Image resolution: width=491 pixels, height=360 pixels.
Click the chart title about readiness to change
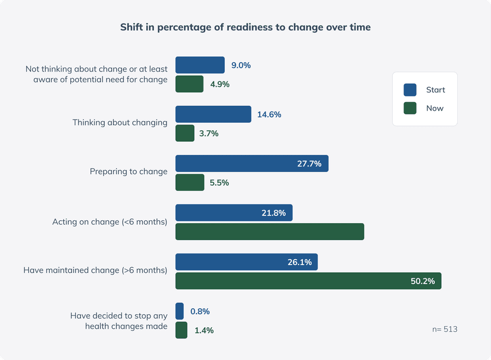point(245,27)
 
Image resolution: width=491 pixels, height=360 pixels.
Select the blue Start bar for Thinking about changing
point(213,115)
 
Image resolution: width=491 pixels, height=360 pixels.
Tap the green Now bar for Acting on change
point(270,232)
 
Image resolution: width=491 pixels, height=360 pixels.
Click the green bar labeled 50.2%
point(308,281)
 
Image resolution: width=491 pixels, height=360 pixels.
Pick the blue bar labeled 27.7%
point(252,164)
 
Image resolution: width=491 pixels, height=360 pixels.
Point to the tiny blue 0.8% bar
point(179,311)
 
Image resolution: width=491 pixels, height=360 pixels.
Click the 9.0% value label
point(241,65)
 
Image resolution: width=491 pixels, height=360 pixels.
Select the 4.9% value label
point(219,84)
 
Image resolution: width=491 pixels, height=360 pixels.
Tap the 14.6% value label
point(268,115)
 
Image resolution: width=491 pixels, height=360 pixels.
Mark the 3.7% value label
point(209,134)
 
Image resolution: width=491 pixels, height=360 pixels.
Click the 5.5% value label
point(219,183)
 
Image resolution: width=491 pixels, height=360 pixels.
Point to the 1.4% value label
point(203,330)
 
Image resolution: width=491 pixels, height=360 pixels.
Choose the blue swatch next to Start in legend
point(410,90)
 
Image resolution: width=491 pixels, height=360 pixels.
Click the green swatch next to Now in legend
point(410,108)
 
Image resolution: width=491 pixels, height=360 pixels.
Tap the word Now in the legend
point(435,108)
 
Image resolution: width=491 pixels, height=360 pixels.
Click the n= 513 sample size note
point(444,329)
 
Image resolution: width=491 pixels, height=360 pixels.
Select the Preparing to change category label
point(128,171)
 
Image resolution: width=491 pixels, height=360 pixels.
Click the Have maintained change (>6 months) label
point(95,270)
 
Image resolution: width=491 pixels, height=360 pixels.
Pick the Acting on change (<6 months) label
point(110,222)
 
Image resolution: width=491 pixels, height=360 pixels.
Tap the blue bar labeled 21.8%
point(233,213)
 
